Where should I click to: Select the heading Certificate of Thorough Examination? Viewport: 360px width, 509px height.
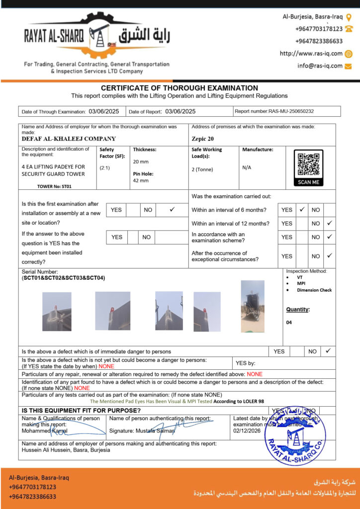pyautogui.click(x=180, y=88)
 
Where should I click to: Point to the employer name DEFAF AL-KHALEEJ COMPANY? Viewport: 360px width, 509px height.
pyautogui.click(x=69, y=139)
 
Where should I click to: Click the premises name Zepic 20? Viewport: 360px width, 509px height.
pyautogui.click(x=203, y=139)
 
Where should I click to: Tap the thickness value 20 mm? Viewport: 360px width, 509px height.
pyautogui.click(x=140, y=162)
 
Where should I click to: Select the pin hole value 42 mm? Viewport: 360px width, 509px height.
pyautogui.click(x=140, y=180)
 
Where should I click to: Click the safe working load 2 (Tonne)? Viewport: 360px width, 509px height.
pyautogui.click(x=202, y=170)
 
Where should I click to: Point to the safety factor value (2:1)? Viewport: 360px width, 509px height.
pyautogui.click(x=105, y=168)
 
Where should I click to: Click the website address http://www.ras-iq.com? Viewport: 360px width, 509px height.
pyautogui.click(x=311, y=54)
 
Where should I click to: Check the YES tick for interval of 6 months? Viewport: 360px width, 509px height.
pyautogui.click(x=301, y=210)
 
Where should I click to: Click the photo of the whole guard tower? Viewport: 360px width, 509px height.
pyautogui.click(x=253, y=307)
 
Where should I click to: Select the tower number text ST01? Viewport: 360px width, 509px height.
pyautogui.click(x=66, y=187)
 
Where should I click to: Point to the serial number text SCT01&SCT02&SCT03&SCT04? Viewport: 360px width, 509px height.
pyautogui.click(x=64, y=278)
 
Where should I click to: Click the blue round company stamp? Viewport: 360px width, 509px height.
pyautogui.click(x=295, y=435)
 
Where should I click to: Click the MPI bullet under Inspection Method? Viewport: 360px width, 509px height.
pyautogui.click(x=301, y=284)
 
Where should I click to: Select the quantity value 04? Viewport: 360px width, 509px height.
pyautogui.click(x=289, y=323)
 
